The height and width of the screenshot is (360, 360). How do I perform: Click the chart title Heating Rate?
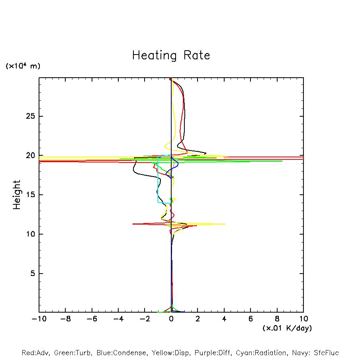(171, 55)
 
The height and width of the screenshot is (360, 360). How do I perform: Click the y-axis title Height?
(17, 195)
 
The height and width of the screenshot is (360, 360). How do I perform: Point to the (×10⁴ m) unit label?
(23, 66)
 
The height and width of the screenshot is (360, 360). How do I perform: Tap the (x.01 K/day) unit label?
(287, 328)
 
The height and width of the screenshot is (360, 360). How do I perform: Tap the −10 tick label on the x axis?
(39, 319)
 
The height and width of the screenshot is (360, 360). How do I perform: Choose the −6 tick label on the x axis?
(92, 319)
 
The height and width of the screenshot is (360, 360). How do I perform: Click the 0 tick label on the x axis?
(171, 319)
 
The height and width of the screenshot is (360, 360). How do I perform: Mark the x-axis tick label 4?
(224, 319)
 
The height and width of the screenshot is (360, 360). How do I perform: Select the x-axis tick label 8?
(277, 319)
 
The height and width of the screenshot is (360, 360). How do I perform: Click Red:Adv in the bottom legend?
(35, 353)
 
